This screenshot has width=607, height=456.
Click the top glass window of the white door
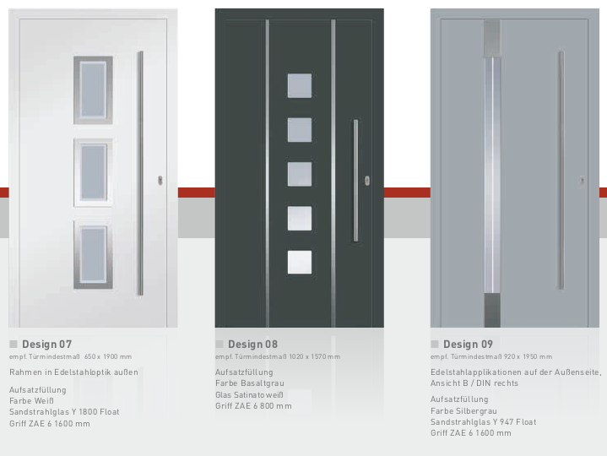pyautogui.click(x=94, y=90)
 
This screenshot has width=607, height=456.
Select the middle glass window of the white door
pyautogui.click(x=94, y=172)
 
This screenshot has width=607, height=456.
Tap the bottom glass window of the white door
pyautogui.click(x=94, y=255)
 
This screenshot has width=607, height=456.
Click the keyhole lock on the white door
pyautogui.click(x=160, y=181)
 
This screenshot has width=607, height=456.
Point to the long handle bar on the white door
pyautogui.click(x=140, y=173)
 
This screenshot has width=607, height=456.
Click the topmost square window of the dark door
pyautogui.click(x=300, y=85)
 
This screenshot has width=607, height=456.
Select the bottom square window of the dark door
pyautogui.click(x=300, y=263)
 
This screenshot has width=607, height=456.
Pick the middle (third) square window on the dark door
pyautogui.click(x=300, y=174)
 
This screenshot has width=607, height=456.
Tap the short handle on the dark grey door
pyautogui.click(x=355, y=181)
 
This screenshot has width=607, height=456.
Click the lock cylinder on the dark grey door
pyautogui.click(x=367, y=181)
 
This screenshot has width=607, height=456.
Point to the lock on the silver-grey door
pyautogui.click(x=582, y=180)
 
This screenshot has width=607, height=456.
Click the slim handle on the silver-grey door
pyautogui.click(x=561, y=170)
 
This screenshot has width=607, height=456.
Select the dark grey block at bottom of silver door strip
pyautogui.click(x=492, y=310)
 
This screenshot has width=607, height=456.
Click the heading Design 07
pyautogui.click(x=46, y=345)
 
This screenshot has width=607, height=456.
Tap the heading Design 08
pyautogui.click(x=252, y=345)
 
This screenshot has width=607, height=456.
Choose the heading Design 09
pyautogui.click(x=468, y=345)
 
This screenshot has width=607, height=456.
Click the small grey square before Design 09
pyautogui.click(x=434, y=345)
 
